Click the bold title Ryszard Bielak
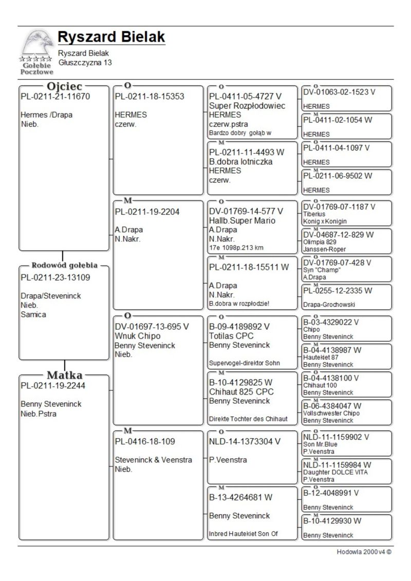[x=111, y=37]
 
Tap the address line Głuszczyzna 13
[x=85, y=63]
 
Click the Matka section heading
[x=65, y=375]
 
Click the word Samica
[x=33, y=314]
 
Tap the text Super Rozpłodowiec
[x=247, y=105]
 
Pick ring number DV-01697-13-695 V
[x=152, y=326]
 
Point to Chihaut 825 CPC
[x=241, y=391]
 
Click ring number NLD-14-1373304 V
[x=245, y=441]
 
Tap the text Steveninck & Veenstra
[x=153, y=460]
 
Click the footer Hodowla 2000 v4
[x=364, y=552]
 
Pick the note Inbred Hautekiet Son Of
[x=243, y=534]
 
